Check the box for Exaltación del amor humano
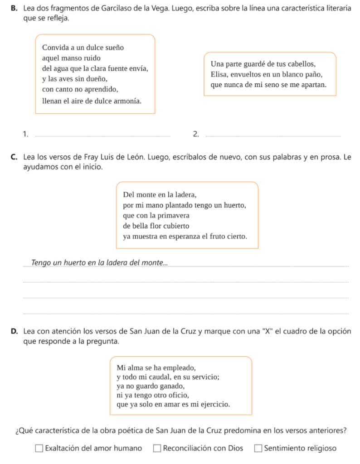click(x=39, y=449)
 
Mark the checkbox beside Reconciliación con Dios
click(x=157, y=449)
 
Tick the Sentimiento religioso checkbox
click(x=258, y=449)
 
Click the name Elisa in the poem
click(x=219, y=74)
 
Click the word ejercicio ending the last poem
click(x=214, y=404)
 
